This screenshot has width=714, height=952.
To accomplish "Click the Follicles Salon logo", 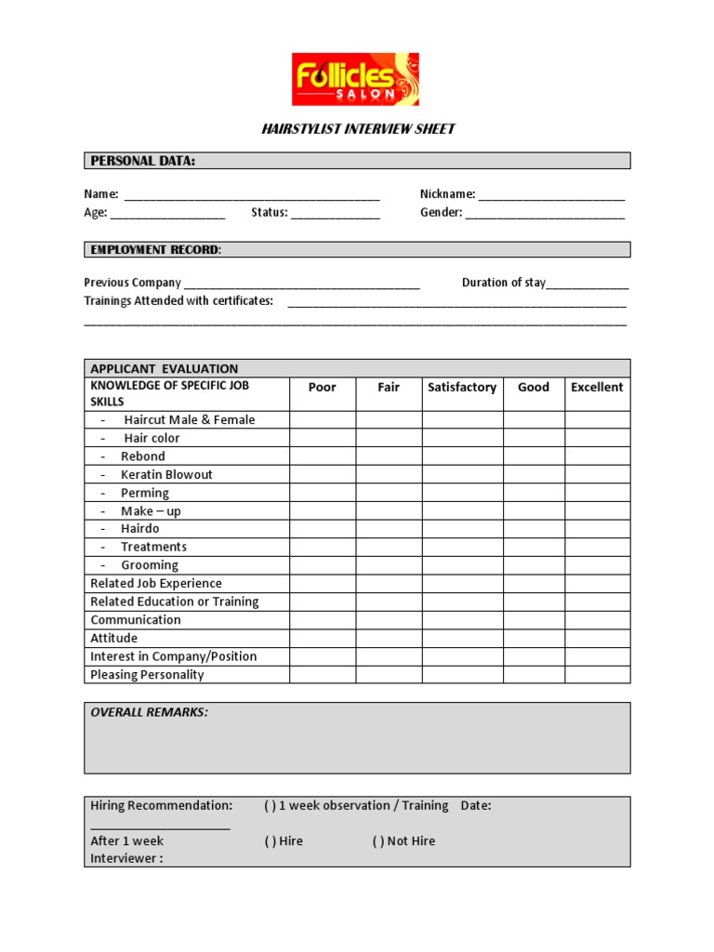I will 355,79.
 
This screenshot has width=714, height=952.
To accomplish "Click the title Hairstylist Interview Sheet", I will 358,129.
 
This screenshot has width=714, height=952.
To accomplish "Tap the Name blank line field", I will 252,195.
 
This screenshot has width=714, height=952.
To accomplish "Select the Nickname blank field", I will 552,195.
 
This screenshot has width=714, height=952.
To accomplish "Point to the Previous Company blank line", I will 302,284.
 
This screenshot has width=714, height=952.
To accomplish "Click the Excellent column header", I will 597,388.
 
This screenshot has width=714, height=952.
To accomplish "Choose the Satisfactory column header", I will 462,388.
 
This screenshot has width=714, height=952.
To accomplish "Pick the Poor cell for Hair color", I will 322,438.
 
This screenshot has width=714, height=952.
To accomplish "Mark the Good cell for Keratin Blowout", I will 534,474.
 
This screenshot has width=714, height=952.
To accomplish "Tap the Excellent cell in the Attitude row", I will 597,639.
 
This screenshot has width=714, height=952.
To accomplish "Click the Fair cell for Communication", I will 389,620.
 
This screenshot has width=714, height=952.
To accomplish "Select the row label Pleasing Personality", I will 147,675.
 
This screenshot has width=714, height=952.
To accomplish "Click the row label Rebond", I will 142,456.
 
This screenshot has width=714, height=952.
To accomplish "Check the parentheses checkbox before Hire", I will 270,841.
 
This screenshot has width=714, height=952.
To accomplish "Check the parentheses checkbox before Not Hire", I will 377,841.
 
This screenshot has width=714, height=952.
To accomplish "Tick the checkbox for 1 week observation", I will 270,806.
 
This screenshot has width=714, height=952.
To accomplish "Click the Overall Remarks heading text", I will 149,712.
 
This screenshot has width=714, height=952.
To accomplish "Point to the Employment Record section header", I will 155,250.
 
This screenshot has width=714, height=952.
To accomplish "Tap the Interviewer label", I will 126,859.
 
